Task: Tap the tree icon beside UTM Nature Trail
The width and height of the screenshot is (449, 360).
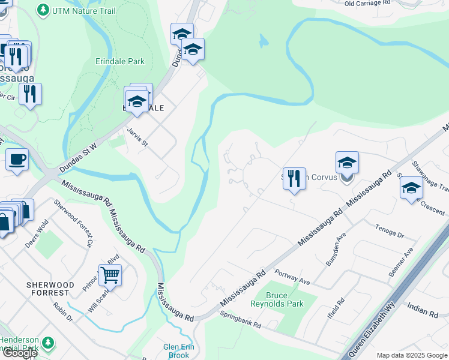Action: click(x=43, y=10)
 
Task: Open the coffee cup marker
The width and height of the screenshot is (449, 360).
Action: click(x=17, y=160)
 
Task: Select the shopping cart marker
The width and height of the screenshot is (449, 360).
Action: click(x=110, y=275)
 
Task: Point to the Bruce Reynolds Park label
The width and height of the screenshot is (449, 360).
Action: click(x=286, y=299)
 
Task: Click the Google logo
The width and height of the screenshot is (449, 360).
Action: click(x=20, y=353)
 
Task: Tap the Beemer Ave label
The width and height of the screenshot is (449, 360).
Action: click(x=400, y=263)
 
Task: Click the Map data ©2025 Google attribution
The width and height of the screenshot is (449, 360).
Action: click(x=411, y=355)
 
